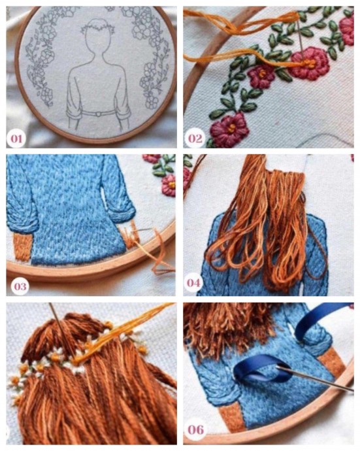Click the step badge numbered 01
coord(16,139)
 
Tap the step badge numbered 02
coord(195,139)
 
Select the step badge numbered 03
coord(20,286)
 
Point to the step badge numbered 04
coord(193,283)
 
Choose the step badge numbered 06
coord(196,429)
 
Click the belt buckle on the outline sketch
coord(99,114)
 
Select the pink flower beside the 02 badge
coord(229,130)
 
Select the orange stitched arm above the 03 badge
coord(22,246)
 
